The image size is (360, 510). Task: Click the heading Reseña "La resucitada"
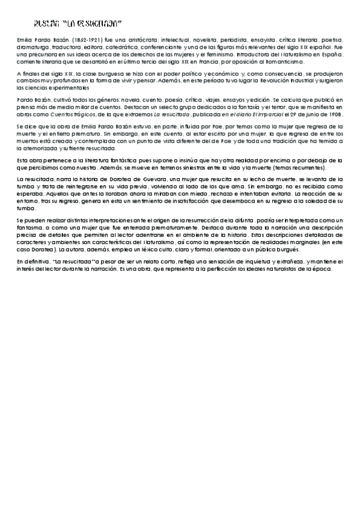coord(79,23)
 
